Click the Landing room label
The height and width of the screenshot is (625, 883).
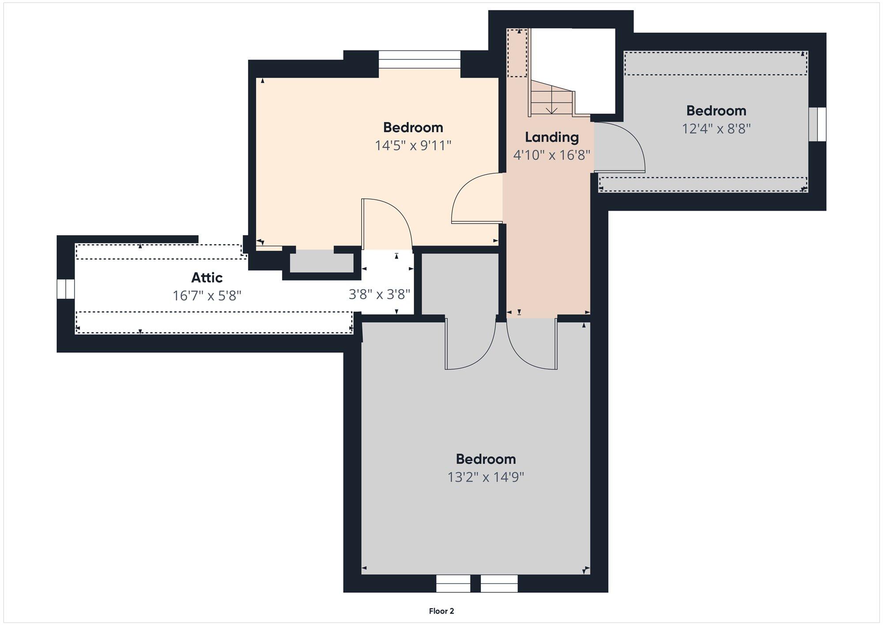pos(551,137)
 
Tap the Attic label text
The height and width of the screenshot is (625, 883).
pos(207,278)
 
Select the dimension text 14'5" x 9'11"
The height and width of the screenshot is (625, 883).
pos(413,145)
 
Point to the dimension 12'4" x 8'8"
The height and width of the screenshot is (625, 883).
pos(716,129)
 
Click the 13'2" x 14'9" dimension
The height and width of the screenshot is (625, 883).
pos(486,477)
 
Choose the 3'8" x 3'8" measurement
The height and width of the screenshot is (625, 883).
pos(380,294)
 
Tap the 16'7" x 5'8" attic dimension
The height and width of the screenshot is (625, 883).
pos(207,295)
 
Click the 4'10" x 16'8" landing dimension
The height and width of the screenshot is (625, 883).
pos(551,155)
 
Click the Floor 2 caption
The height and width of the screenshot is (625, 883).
pos(441,611)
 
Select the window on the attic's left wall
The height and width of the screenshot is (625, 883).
pos(66,289)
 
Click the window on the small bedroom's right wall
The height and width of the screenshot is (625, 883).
pos(817,124)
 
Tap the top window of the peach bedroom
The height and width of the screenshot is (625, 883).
pos(419,60)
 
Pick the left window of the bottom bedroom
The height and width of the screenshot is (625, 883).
pos(453,583)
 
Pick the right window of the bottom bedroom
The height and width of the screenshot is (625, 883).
pos(499,583)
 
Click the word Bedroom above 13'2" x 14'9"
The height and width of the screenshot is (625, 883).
pos(486,459)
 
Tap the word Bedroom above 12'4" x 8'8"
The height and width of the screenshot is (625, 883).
pos(716,111)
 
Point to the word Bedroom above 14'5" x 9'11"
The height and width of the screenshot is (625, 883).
pos(413,127)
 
